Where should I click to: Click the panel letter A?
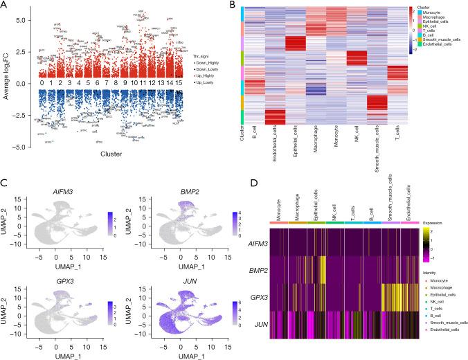(x=6, y=7)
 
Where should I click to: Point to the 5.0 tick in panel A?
(x=21, y=21)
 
